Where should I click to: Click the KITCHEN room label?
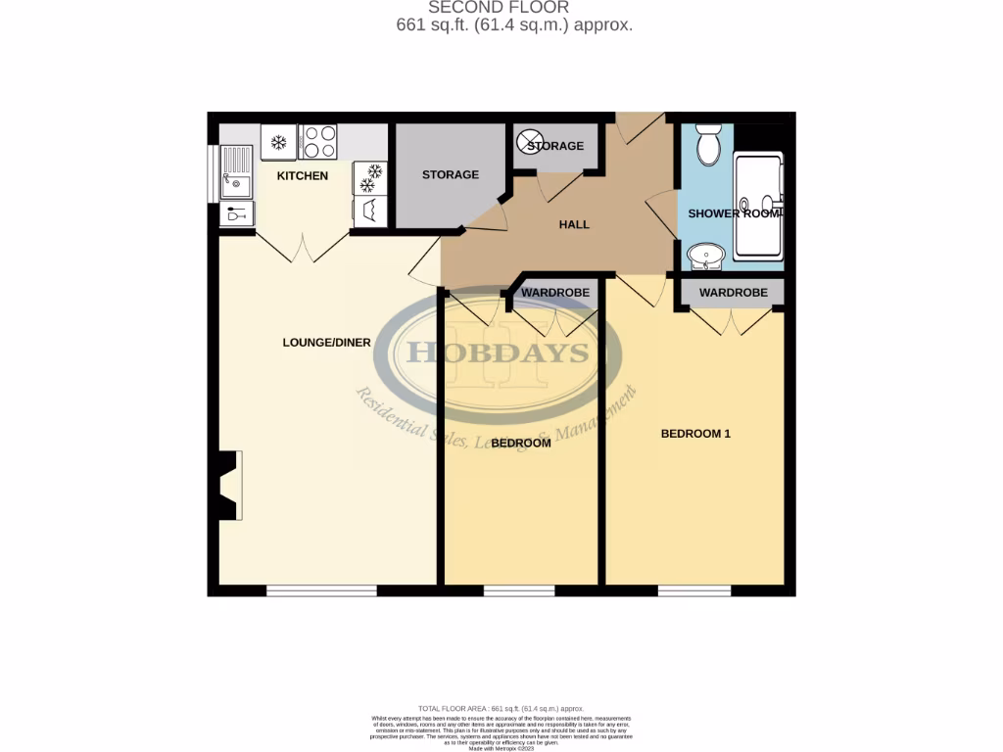pos(302,176)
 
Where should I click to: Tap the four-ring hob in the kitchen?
pos(317,142)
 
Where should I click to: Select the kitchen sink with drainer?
pos(235,171)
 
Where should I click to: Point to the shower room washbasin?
pos(704,257)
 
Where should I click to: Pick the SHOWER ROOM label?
pos(734,213)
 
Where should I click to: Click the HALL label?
pos(574,224)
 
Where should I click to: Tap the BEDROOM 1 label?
pos(695,434)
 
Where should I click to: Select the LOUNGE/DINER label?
pos(326,343)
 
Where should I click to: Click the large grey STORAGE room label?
pos(450,175)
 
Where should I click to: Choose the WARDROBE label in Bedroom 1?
pos(733,293)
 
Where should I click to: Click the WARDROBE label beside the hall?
pos(554,293)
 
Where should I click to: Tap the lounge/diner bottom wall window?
pos(321,590)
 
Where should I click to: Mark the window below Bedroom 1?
pos(693,590)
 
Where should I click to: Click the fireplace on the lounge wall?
pos(230,486)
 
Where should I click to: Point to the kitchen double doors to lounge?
pos(303,247)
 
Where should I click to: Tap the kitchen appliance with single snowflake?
pos(278,143)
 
